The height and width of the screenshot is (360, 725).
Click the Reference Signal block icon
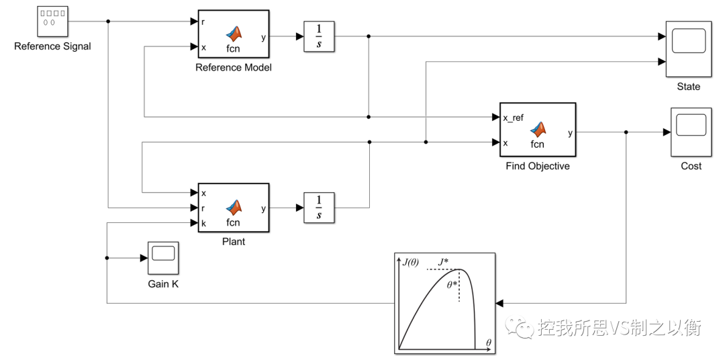pyautogui.click(x=51, y=21)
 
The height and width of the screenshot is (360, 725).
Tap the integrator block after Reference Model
pyautogui.click(x=319, y=36)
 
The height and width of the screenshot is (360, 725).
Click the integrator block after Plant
pyautogui.click(x=319, y=208)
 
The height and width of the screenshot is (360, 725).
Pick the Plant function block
pyautogui.click(x=233, y=208)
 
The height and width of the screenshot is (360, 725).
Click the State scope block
pyautogui.click(x=688, y=49)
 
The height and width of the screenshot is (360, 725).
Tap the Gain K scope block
pyautogui.click(x=163, y=257)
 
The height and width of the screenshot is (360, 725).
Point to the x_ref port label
pyautogui.click(x=513, y=118)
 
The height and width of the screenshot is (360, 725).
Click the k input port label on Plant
pyautogui.click(x=203, y=222)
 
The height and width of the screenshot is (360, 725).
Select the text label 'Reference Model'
pyautogui.click(x=233, y=68)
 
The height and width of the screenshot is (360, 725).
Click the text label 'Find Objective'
pyautogui.click(x=537, y=166)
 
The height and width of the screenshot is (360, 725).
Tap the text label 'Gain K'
pyautogui.click(x=163, y=284)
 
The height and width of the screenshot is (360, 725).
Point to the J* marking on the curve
pyautogui.click(x=444, y=262)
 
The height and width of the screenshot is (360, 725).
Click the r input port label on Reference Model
pyautogui.click(x=203, y=21)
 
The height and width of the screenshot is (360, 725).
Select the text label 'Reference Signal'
pyautogui.click(x=52, y=46)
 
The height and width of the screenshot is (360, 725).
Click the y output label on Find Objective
pyautogui.click(x=570, y=132)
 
